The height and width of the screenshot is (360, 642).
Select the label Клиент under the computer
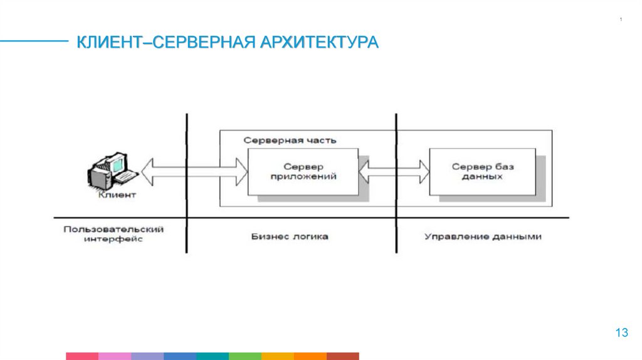pos(117,194)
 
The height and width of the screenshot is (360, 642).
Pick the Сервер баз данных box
pos(481,172)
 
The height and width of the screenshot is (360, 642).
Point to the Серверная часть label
pos(290,140)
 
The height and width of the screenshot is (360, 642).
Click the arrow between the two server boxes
pos(394,170)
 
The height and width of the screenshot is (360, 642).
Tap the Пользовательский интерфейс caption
pos(113,234)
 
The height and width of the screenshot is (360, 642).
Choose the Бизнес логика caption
pos(290,237)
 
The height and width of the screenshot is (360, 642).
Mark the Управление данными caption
pos(483,237)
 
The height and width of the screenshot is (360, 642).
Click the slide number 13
pos(621,333)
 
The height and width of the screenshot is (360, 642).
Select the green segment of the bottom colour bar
pos(245,356)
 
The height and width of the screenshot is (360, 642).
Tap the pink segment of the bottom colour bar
pos(115,356)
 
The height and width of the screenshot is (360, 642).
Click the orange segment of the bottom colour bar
pos(278,356)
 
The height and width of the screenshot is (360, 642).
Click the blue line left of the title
pos(34,42)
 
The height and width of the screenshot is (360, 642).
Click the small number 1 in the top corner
pos(621,21)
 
